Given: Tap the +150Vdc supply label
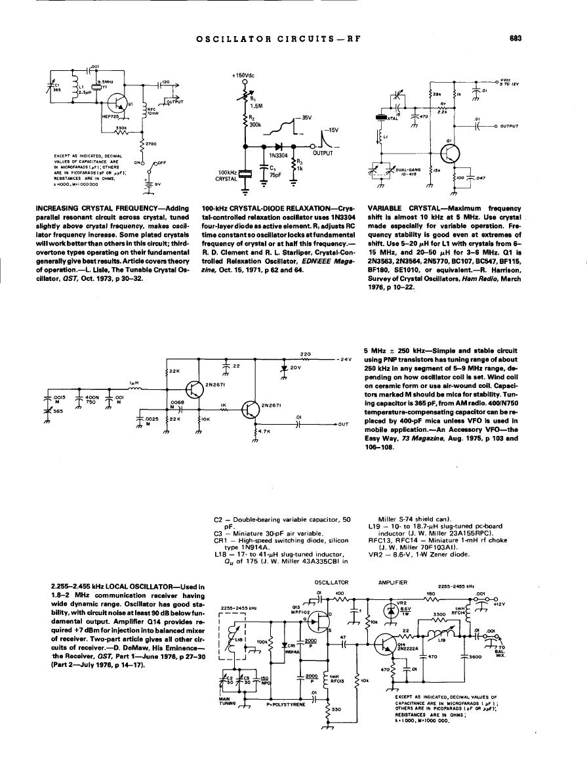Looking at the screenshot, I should pos(243,75).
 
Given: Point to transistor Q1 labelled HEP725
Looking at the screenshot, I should pos(119,101).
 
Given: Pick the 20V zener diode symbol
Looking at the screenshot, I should pos(284,369).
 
